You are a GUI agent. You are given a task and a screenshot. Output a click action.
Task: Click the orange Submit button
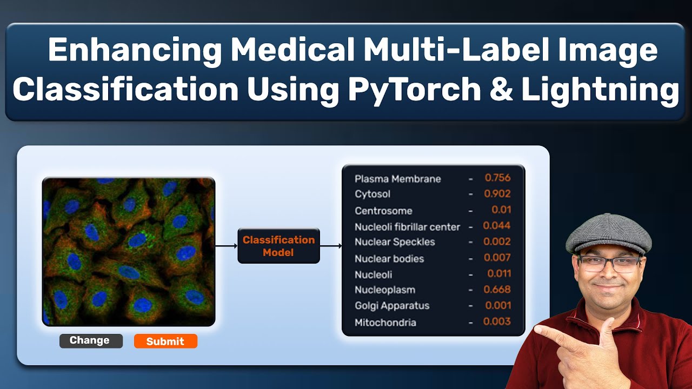click(165, 341)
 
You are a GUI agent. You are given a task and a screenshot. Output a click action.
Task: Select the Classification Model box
click(278, 246)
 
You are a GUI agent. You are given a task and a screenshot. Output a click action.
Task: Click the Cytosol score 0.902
click(497, 193)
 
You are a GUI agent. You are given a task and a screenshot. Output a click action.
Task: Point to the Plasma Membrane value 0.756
click(497, 178)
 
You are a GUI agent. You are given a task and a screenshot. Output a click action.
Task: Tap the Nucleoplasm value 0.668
click(497, 289)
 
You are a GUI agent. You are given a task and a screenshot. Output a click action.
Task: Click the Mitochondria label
click(385, 323)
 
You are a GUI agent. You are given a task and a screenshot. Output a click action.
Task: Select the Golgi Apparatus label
click(392, 306)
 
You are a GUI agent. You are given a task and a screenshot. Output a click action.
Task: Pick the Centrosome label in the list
click(383, 211)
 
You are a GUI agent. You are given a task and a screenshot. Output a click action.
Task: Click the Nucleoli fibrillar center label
click(407, 227)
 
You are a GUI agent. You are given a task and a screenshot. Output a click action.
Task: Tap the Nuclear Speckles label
click(395, 242)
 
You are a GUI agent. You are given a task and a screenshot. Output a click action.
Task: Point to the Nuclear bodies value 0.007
click(497, 257)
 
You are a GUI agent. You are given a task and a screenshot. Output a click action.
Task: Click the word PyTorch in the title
click(414, 90)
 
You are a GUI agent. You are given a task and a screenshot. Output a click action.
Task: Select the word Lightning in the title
click(600, 90)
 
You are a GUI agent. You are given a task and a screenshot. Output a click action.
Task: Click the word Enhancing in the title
click(135, 51)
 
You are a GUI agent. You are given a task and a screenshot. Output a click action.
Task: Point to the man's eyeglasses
click(608, 264)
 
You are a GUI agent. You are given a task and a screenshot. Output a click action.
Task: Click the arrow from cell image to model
click(227, 246)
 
